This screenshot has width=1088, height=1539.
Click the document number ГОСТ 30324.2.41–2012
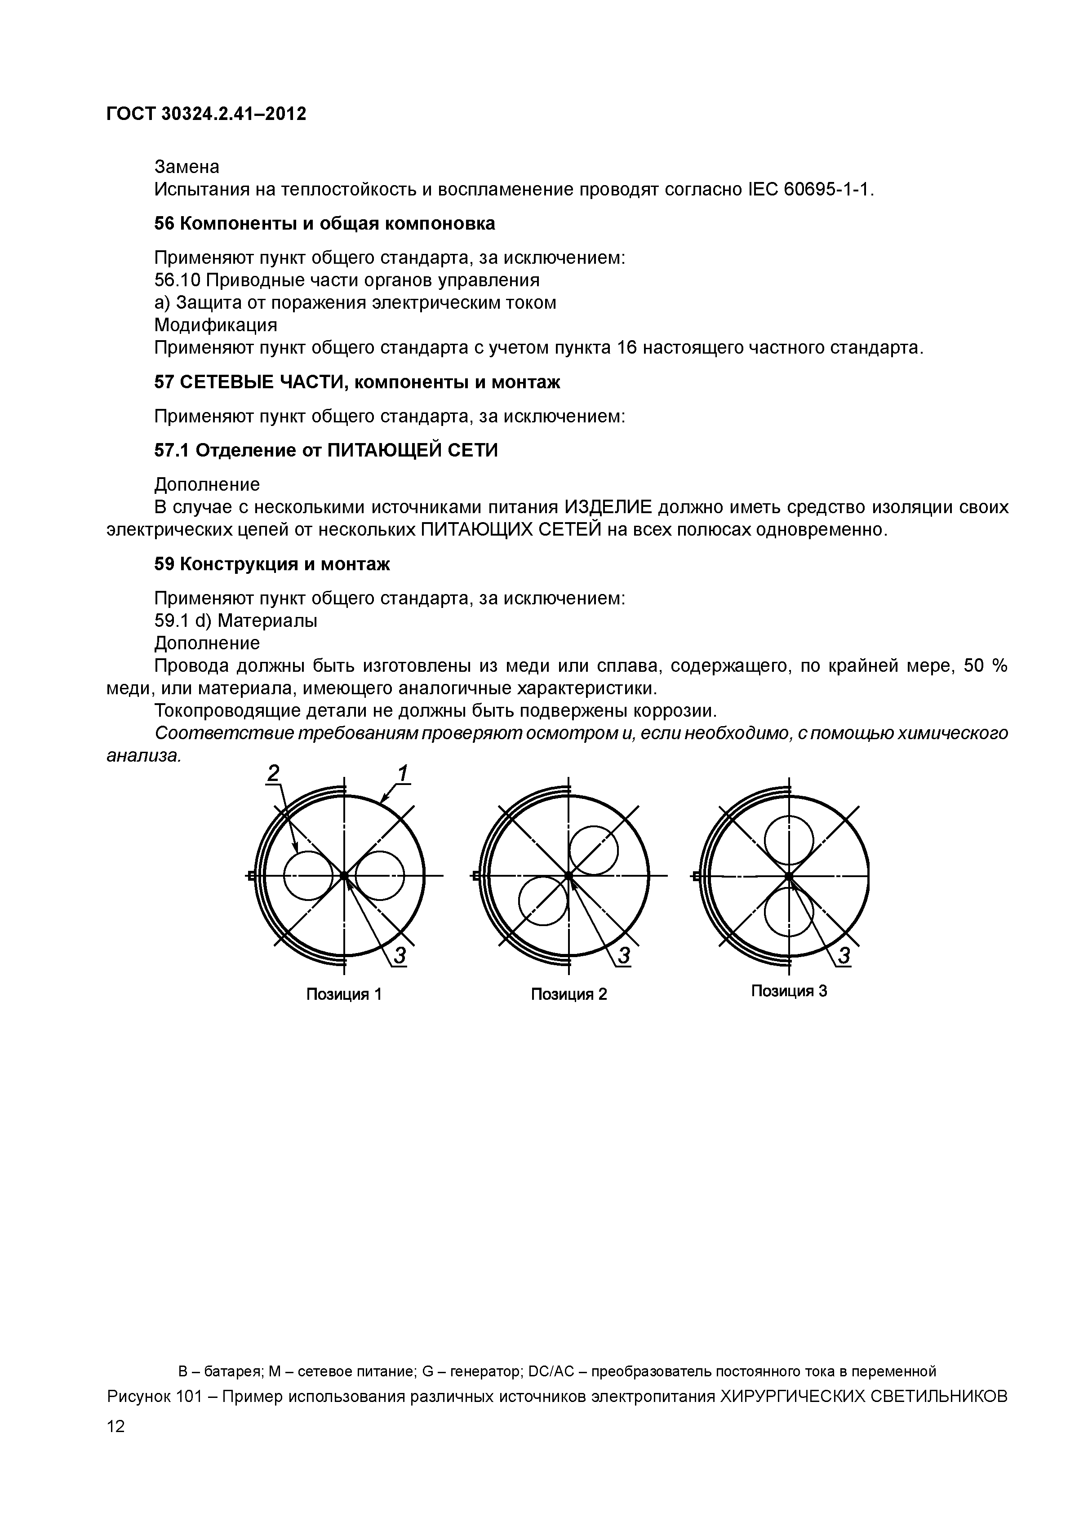pyautogui.click(x=206, y=115)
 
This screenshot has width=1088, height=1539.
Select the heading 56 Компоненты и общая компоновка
pyautogui.click(x=324, y=224)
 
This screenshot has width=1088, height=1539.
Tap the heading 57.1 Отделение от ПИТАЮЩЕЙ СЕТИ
pyautogui.click(x=326, y=450)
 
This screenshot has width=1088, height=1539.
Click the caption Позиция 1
pyautogui.click(x=344, y=994)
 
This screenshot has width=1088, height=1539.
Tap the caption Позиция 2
pyautogui.click(x=568, y=994)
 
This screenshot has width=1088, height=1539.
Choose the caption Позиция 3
pyautogui.click(x=789, y=991)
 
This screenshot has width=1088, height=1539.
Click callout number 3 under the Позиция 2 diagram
pyautogui.click(x=624, y=955)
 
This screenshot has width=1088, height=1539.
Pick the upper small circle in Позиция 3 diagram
pyautogui.click(x=789, y=841)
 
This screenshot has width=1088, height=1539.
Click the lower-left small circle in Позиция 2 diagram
pyautogui.click(x=544, y=901)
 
